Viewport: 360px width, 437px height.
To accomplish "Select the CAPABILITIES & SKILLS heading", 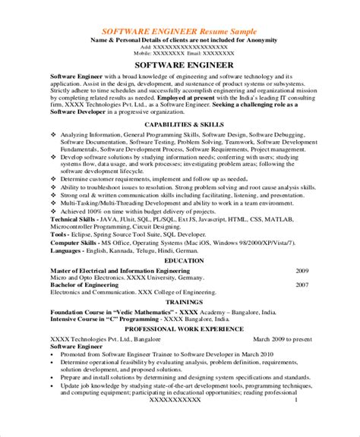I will click(x=180, y=104).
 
